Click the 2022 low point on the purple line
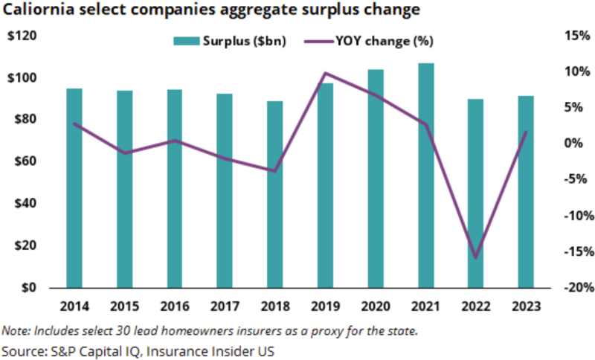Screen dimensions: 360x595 point(475,257)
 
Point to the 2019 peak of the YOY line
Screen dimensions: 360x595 point(326,73)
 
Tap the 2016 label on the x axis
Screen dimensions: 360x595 point(174,306)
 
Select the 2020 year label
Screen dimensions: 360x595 point(376,306)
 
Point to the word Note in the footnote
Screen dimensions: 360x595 point(14,330)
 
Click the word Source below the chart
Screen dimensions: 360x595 point(24,349)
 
